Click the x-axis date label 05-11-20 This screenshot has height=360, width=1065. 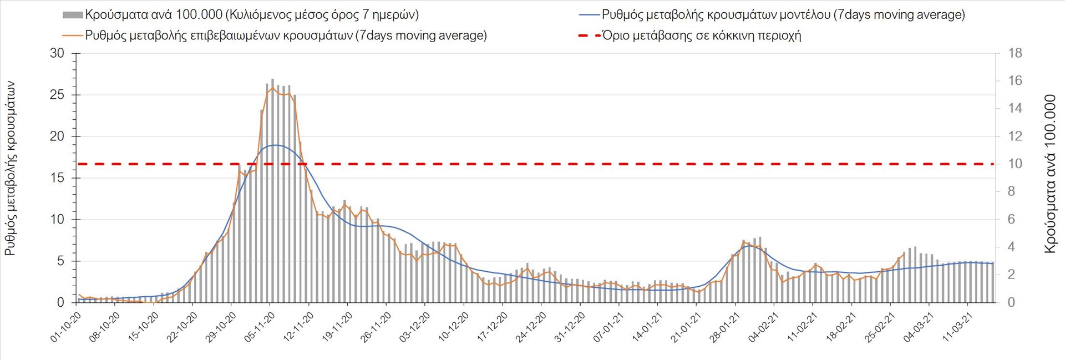point(260,327)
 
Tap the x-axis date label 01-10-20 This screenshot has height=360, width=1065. point(65,327)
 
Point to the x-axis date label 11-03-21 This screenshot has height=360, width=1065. point(957,327)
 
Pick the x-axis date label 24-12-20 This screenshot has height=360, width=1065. point(531,327)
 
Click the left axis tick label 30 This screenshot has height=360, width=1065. point(57,53)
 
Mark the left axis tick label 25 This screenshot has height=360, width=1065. point(57,95)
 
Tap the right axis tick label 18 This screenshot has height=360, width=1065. point(1015,53)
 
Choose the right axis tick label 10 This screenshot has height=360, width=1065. point(1015,164)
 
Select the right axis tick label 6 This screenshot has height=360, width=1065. point(1012,219)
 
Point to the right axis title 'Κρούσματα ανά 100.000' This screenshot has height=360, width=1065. point(1050,174)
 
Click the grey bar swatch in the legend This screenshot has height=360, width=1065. point(73,15)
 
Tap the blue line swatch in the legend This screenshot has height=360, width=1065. point(589,15)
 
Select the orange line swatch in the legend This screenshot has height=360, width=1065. point(73,36)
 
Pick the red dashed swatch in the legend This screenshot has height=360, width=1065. point(589,36)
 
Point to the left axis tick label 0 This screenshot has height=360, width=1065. point(60,302)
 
